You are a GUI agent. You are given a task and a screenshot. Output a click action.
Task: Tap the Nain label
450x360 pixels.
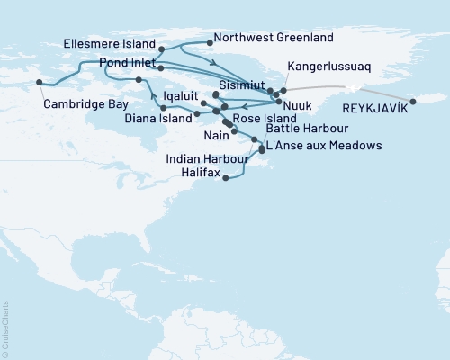click(x=215, y=132)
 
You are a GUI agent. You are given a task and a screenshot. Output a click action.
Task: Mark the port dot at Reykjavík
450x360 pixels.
click(x=412, y=100)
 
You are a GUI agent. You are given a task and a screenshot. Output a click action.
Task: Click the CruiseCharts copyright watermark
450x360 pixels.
click(x=5, y=326)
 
